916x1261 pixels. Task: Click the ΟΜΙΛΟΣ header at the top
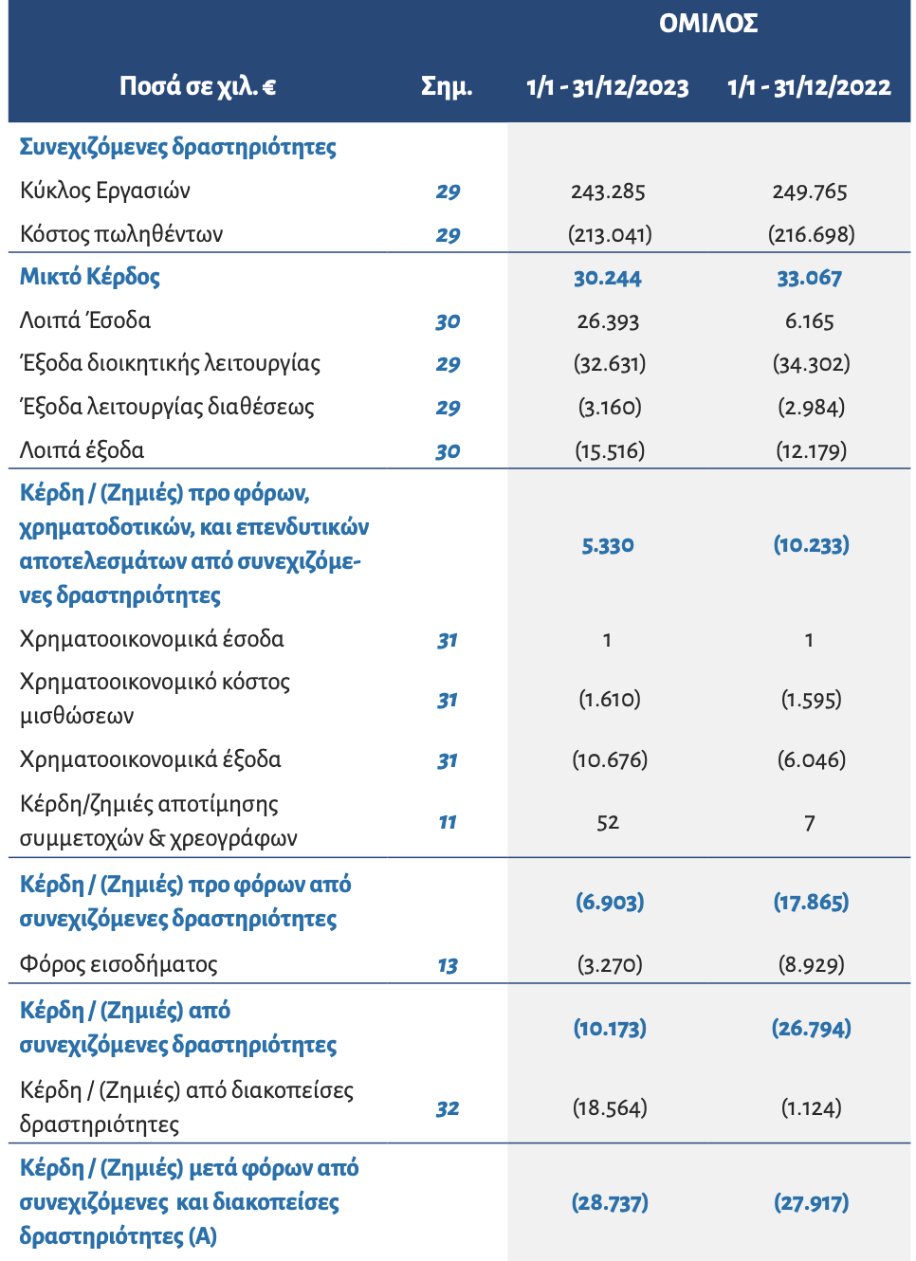(708, 23)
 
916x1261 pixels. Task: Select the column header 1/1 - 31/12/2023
(608, 87)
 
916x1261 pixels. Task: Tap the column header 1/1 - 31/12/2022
(809, 87)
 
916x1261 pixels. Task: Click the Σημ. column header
(447, 87)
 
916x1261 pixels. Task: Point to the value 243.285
(608, 192)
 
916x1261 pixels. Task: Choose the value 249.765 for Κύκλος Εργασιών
(810, 192)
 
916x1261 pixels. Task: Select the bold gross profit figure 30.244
(608, 278)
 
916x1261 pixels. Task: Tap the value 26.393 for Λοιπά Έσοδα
(608, 321)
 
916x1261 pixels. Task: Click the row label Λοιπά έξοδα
(82, 450)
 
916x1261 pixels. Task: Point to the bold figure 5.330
(608, 545)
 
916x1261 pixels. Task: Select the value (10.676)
(610, 760)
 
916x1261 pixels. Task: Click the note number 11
(448, 822)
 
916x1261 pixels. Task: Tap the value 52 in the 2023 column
(608, 823)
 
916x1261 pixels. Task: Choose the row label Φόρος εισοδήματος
(119, 965)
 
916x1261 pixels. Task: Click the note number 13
(448, 966)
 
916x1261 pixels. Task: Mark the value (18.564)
(610, 1108)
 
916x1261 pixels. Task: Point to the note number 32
(448, 1108)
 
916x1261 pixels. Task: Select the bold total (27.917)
(812, 1203)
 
